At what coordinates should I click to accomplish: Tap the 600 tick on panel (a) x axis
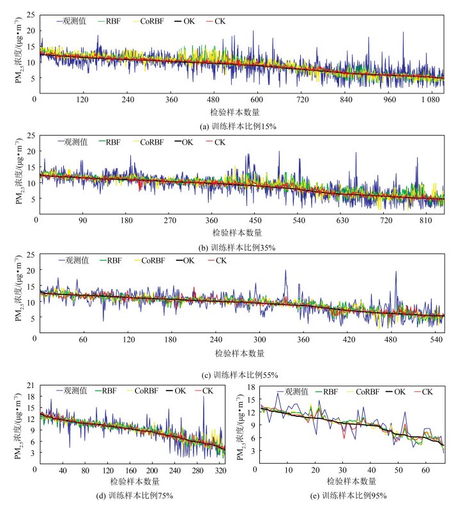pyautogui.click(x=257, y=100)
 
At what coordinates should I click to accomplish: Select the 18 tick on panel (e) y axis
pyautogui.click(x=252, y=388)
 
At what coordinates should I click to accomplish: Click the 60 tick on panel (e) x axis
pyautogui.click(x=426, y=470)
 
